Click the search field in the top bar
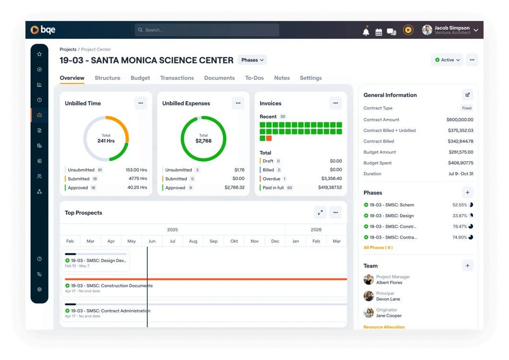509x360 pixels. tap(206, 30)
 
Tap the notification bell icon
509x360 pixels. tap(366, 32)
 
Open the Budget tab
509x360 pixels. tap(140, 78)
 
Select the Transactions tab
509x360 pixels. tap(177, 78)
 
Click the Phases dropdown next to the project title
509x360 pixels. tap(252, 60)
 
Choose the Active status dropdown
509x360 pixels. tap(447, 60)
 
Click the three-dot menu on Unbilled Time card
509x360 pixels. tap(141, 103)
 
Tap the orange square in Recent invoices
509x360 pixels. tap(269, 138)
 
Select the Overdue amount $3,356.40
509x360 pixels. tap(331, 179)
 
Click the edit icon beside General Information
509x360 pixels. tap(467, 95)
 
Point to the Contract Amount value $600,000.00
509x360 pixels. tap(460, 120)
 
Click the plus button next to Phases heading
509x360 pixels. tap(467, 192)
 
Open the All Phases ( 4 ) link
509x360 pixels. tap(378, 248)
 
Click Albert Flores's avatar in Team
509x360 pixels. tap(368, 279)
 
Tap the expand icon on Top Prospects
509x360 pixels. tap(320, 213)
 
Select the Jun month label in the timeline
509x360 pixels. tap(152, 241)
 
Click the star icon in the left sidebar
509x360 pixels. tap(39, 54)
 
